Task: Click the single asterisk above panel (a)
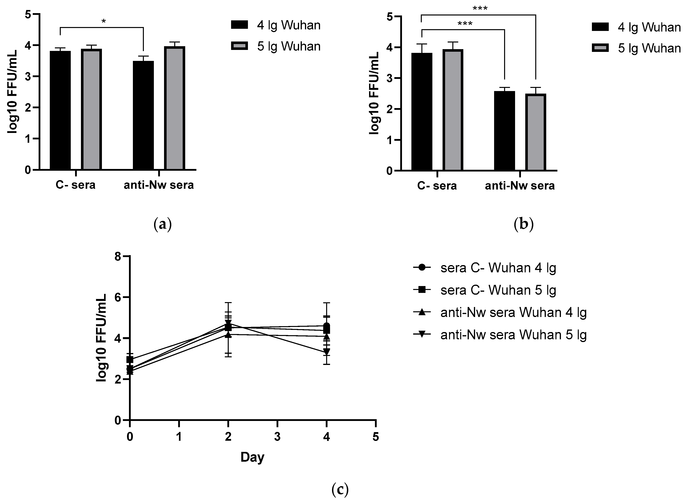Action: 104,22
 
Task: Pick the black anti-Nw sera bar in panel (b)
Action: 504,131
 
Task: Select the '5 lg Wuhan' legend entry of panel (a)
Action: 276,46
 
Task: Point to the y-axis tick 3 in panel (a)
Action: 28,76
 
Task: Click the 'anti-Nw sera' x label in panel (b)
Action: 520,185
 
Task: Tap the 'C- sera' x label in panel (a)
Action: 75,185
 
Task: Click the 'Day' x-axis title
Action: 252,457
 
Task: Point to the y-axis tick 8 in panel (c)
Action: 118,256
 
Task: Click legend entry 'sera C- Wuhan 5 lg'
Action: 484,290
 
